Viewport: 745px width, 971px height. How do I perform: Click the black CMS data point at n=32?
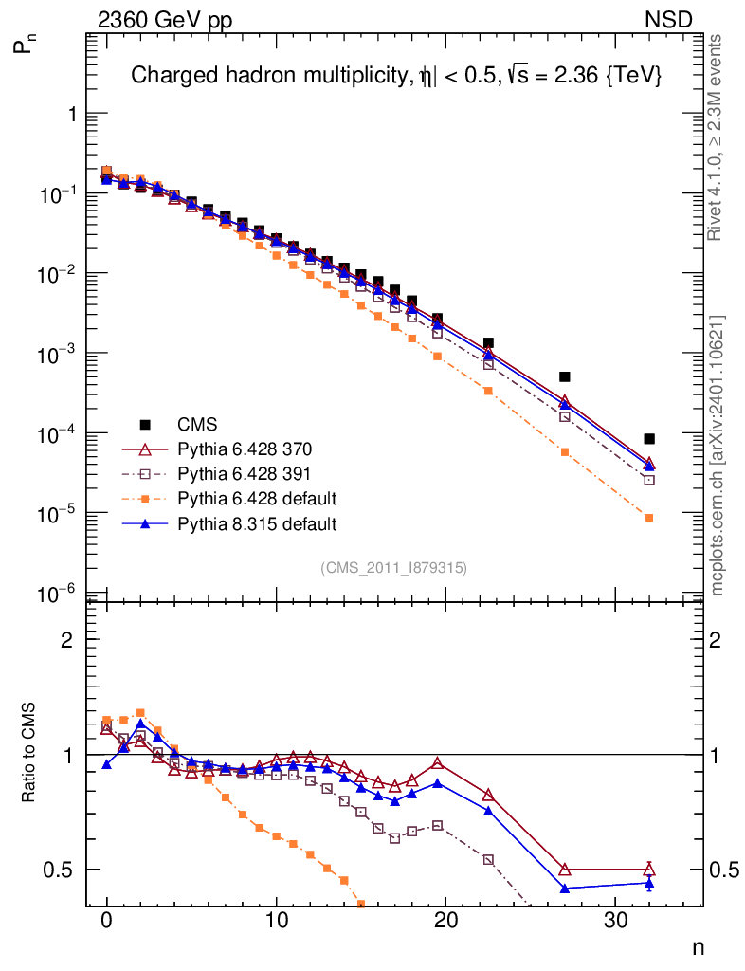point(649,439)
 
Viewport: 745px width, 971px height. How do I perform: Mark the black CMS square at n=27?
point(565,376)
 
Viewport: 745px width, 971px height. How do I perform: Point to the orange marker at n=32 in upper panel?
point(649,518)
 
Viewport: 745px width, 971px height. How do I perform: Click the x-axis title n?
point(697,946)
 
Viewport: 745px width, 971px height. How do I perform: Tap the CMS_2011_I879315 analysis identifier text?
point(393,567)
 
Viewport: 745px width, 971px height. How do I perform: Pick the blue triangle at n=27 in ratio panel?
point(565,889)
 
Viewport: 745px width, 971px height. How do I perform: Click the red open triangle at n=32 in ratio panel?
point(649,870)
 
